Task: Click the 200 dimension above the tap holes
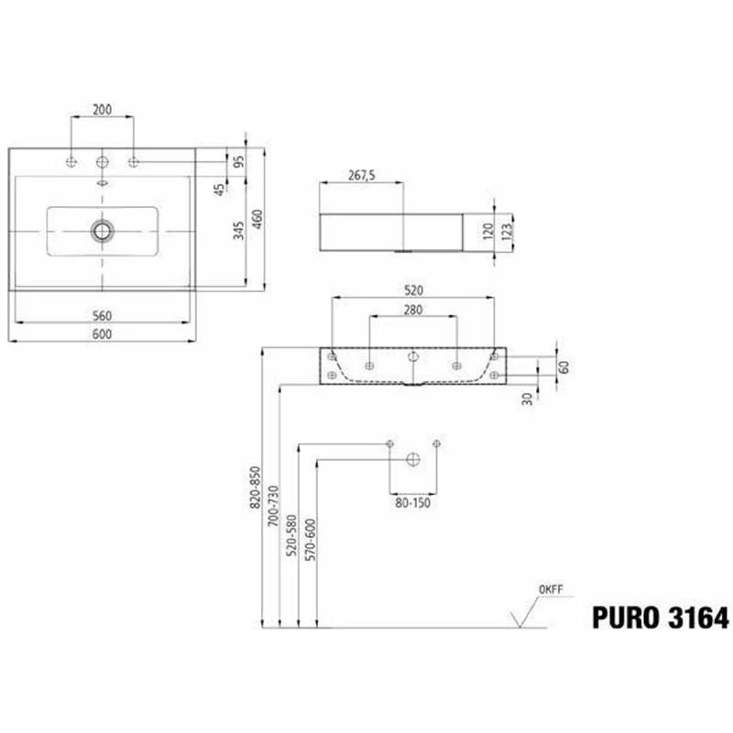[102, 109]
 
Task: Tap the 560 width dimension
[102, 315]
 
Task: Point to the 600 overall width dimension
[102, 334]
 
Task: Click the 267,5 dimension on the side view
[360, 176]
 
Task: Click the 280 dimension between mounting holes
[413, 310]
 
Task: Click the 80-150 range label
[413, 502]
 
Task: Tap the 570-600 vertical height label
[310, 541]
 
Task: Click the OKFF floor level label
[550, 589]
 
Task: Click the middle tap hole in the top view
[102, 162]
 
